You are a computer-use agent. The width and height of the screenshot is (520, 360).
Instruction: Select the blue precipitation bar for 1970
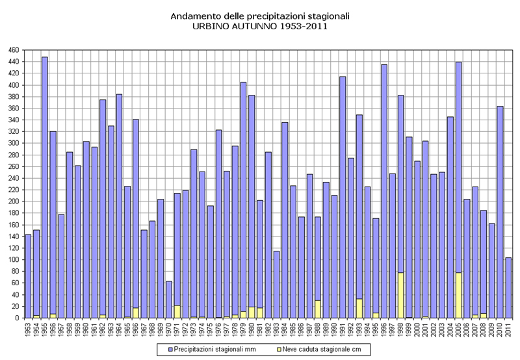click(168, 299)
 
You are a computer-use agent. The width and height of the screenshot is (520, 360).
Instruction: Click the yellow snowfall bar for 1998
click(400, 296)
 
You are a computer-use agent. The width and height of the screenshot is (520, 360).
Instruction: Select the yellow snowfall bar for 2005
click(458, 296)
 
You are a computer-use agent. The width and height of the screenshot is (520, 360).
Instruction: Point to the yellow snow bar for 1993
click(359, 308)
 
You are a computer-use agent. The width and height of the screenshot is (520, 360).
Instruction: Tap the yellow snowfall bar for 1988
click(318, 309)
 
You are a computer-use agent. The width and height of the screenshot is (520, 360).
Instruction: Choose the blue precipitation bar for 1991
click(343, 195)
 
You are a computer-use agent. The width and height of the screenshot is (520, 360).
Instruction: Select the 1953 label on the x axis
click(28, 330)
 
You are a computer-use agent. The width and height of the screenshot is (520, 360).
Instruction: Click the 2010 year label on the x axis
click(500, 330)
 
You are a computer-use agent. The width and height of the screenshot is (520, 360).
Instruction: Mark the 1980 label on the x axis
click(252, 330)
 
